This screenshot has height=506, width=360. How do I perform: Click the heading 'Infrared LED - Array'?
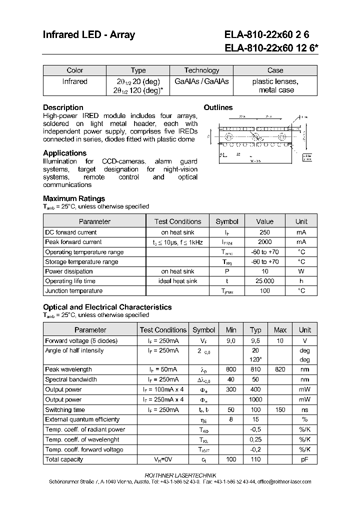pyautogui.click(x=88, y=35)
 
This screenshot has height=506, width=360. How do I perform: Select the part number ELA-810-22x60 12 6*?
pyautogui.click(x=270, y=48)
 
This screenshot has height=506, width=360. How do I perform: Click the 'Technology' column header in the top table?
pyautogui.click(x=201, y=70)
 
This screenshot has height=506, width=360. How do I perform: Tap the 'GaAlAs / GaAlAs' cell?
pyautogui.click(x=201, y=81)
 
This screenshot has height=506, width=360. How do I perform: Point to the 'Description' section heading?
pyautogui.click(x=63, y=107)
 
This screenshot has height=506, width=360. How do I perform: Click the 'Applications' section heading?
pyautogui.click(x=64, y=153)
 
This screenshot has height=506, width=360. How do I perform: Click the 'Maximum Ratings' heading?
pyautogui.click(x=74, y=198)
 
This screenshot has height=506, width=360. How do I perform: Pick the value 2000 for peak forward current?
pyautogui.click(x=264, y=242)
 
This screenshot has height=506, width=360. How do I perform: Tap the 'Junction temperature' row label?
pyautogui.click(x=73, y=291)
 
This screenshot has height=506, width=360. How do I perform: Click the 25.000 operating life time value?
pyautogui.click(x=264, y=281)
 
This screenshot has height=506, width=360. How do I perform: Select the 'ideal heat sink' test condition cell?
pyautogui.click(x=177, y=281)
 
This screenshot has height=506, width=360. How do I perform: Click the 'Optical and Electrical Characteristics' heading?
pyautogui.click(x=107, y=307)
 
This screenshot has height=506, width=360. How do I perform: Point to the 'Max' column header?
pyautogui.click(x=280, y=330)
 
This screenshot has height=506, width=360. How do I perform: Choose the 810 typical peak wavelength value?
pyautogui.click(x=255, y=369)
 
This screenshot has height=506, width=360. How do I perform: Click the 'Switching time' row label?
pyautogui.click(x=65, y=409)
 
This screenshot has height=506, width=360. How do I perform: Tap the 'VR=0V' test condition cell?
pyautogui.click(x=163, y=459)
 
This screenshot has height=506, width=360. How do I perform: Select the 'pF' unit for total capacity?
pyautogui.click(x=304, y=459)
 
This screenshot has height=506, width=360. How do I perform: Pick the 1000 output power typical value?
pyautogui.click(x=255, y=399)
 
